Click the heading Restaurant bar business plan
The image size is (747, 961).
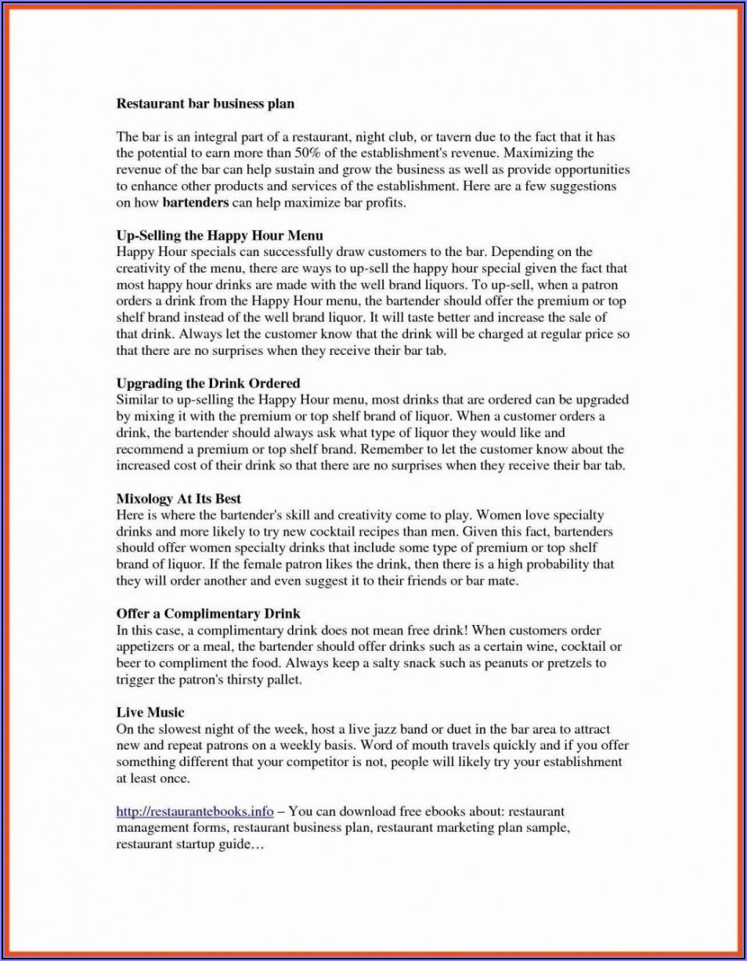click(x=205, y=103)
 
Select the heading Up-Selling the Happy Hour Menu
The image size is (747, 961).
click(x=220, y=235)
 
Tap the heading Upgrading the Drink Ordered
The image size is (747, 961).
click(x=208, y=383)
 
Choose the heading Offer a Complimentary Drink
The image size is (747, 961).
click(x=208, y=613)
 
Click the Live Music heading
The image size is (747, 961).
click(x=150, y=712)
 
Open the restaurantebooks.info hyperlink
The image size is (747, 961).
click(x=195, y=811)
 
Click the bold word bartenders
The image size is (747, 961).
click(x=196, y=202)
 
